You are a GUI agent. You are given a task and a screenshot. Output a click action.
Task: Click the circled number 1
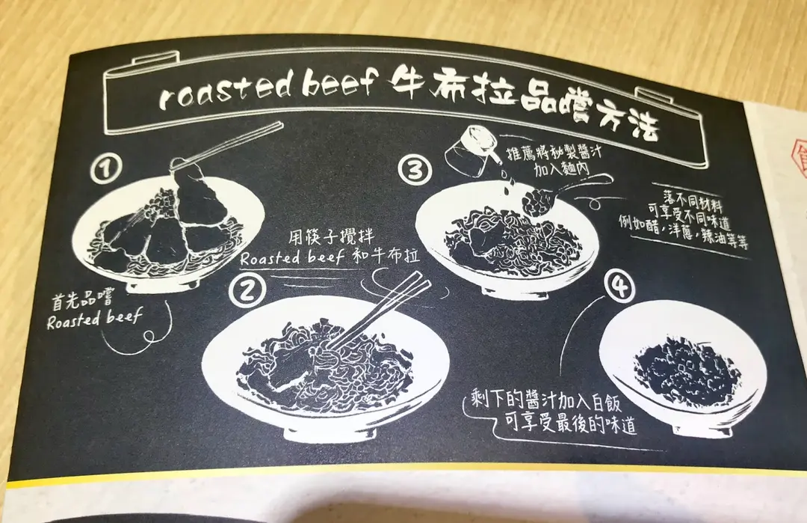(106, 168)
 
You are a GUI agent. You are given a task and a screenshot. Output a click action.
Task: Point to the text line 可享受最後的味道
(570, 424)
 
